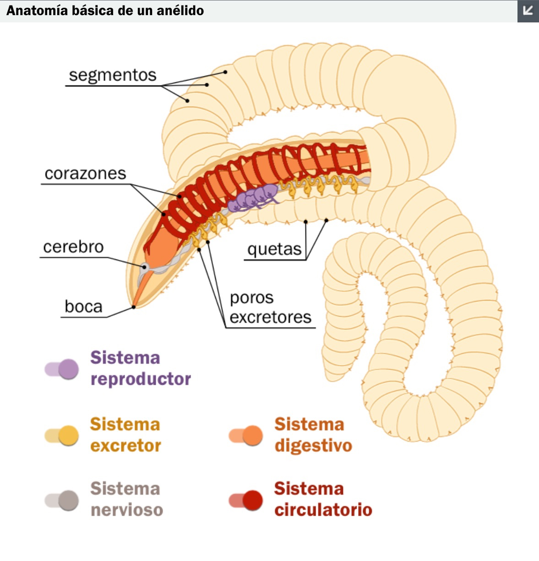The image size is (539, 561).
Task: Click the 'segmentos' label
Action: point(113,76)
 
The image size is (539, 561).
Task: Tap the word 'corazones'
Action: point(86,173)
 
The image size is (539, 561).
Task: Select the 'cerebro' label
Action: point(73,247)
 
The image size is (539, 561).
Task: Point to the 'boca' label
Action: point(83,306)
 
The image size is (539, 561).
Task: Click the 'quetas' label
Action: point(274,249)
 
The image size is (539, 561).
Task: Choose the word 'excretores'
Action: point(270,318)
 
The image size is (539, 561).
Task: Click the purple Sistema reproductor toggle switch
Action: point(61,369)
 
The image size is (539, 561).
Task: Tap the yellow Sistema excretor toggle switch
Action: point(61,436)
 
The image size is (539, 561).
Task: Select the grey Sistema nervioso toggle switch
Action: point(61,501)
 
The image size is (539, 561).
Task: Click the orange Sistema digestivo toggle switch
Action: point(245,436)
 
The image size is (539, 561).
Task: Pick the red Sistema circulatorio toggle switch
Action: point(245,501)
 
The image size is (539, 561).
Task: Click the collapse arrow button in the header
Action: point(528,11)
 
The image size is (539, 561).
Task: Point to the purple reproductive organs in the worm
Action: point(253,198)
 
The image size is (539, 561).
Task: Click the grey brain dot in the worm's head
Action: point(145,267)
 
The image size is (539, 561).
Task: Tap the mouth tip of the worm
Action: point(134,307)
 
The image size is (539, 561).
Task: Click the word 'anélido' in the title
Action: point(180,11)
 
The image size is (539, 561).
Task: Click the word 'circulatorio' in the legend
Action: point(323,510)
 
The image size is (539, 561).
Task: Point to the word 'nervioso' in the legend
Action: point(127,510)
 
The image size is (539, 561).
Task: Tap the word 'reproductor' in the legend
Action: point(141,379)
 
